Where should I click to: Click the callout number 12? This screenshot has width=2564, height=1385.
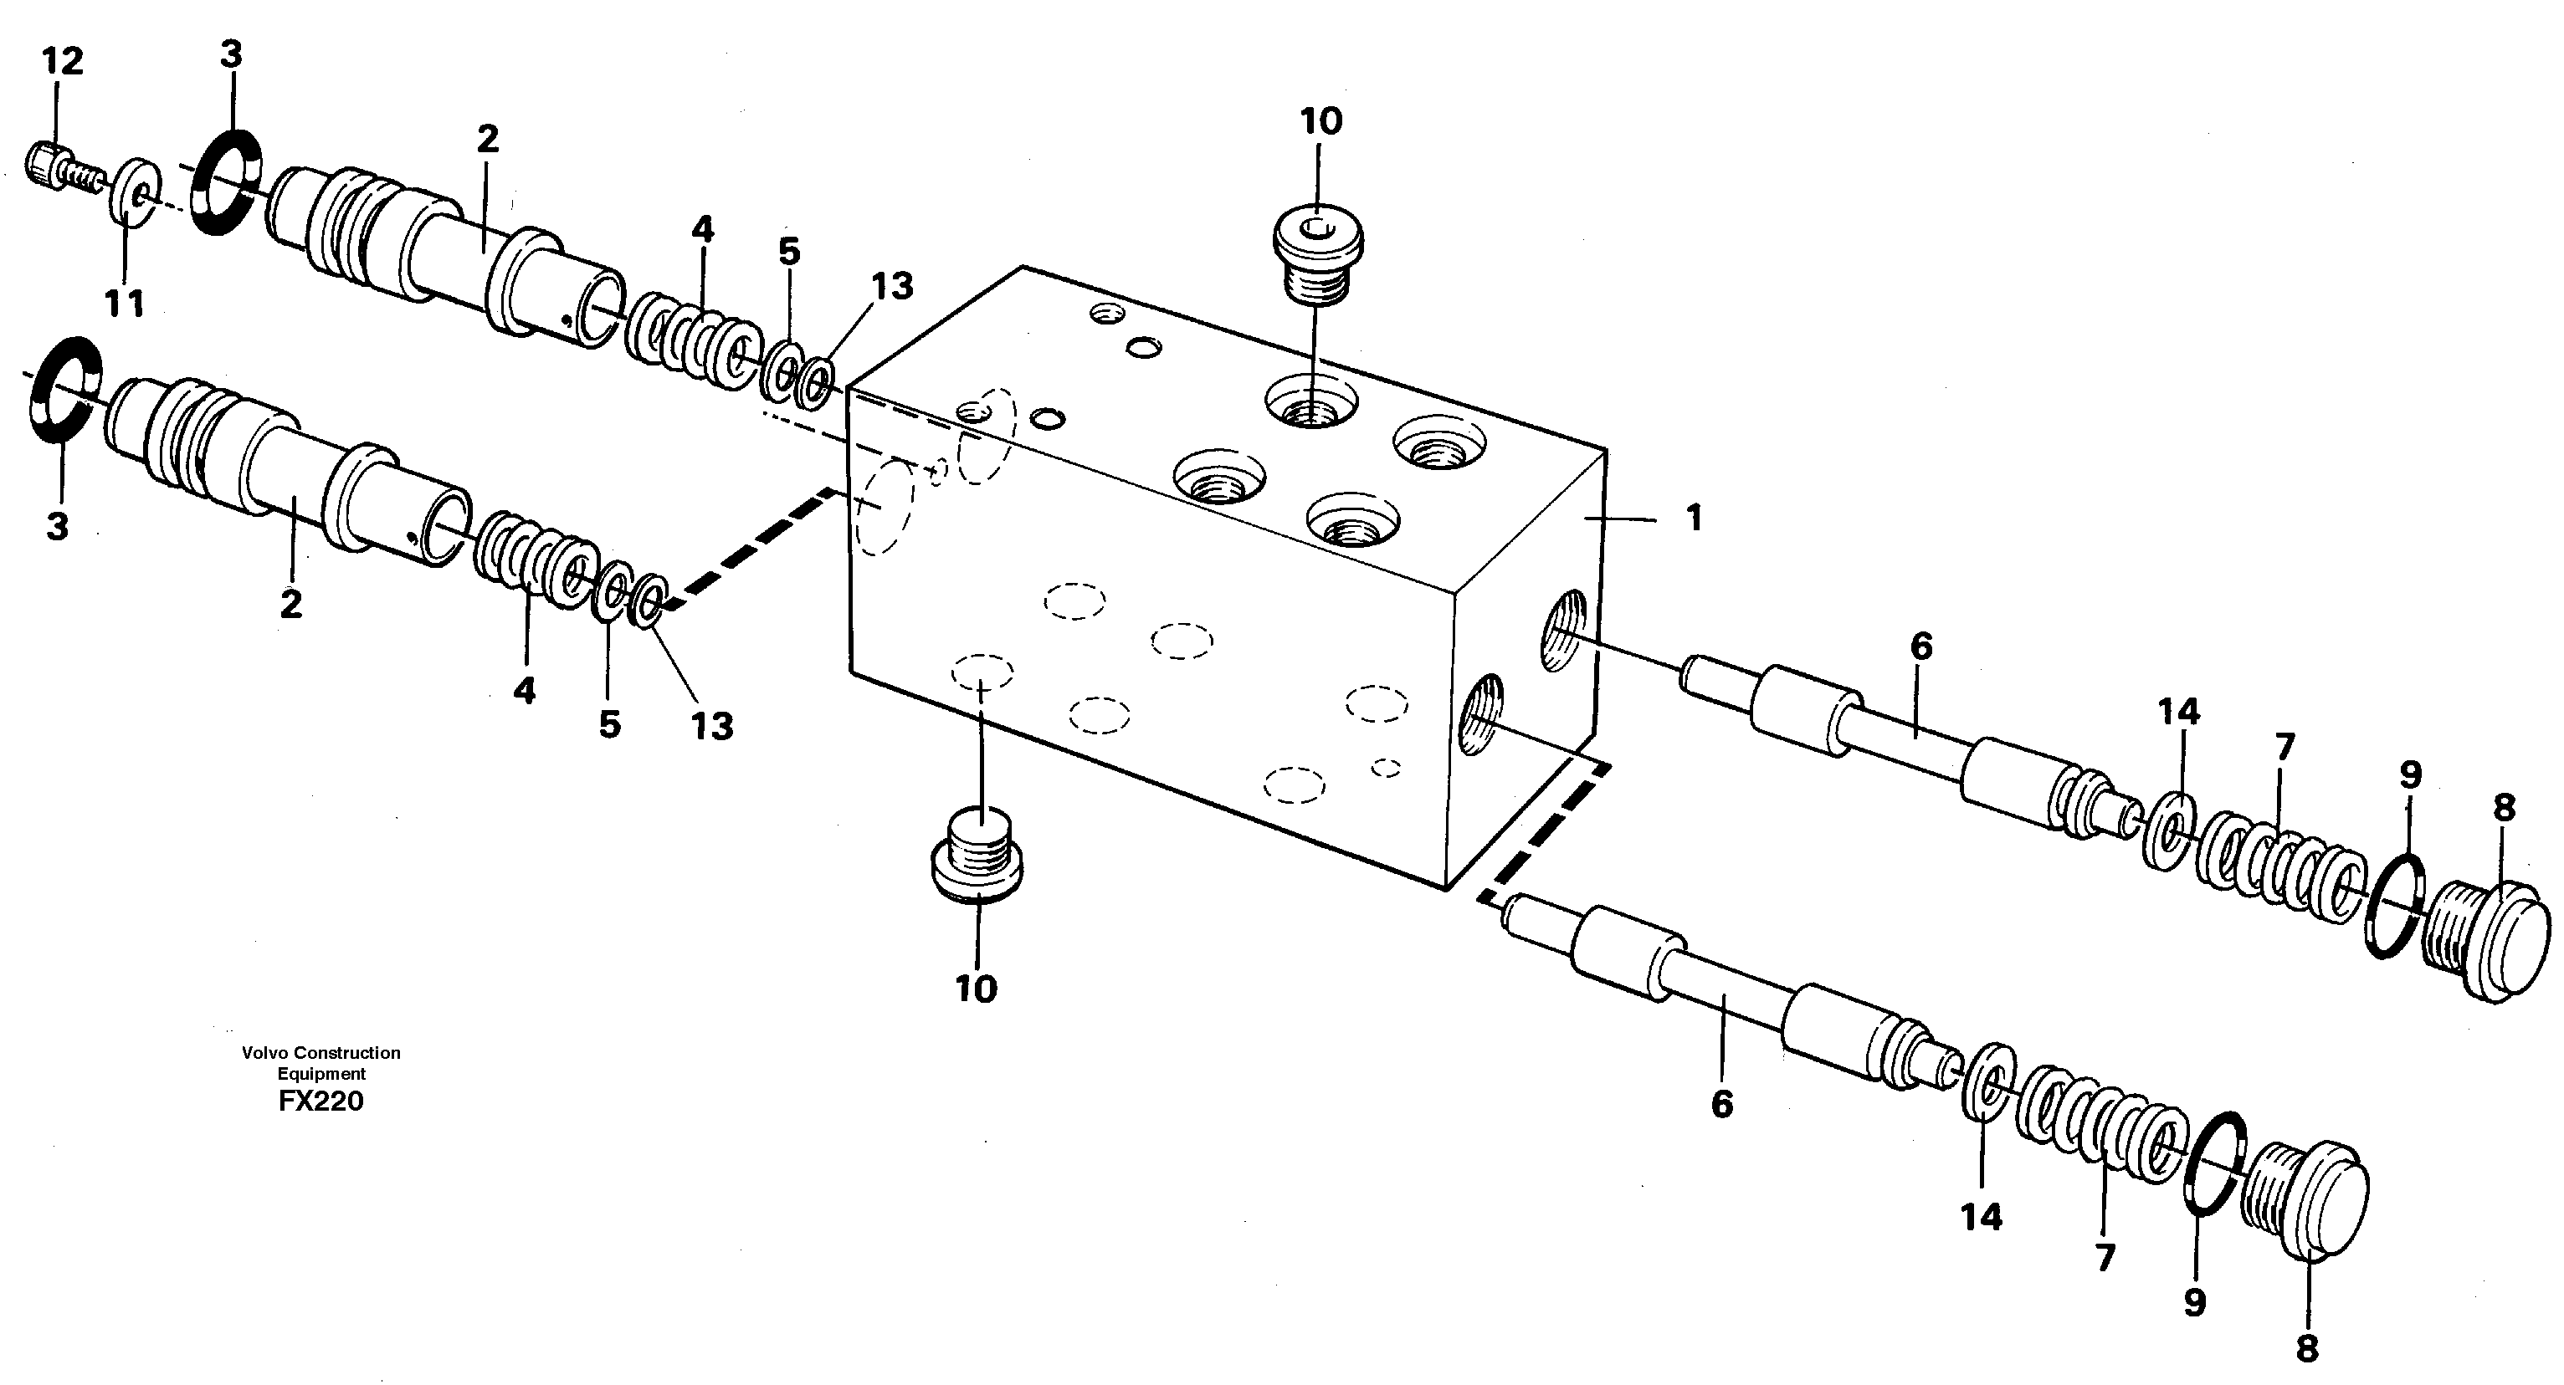[x=62, y=62]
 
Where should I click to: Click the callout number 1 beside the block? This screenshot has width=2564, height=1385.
[x=1693, y=519]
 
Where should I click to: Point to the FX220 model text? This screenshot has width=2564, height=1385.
[x=321, y=1102]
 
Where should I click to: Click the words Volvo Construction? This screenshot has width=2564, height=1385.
[x=320, y=1053]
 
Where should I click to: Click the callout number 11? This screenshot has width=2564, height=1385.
[x=126, y=304]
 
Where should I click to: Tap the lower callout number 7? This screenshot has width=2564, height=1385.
[x=2104, y=1260]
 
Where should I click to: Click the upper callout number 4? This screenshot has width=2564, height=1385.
[x=703, y=230]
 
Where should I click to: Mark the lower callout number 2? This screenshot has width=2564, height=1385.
[x=290, y=604]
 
